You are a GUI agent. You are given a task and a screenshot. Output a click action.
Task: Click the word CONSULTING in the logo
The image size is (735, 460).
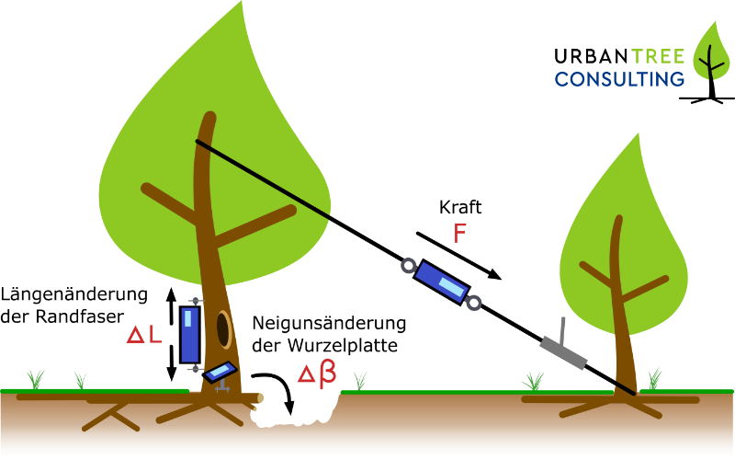[619, 78]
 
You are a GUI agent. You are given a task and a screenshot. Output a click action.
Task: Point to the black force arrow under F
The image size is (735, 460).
[459, 256]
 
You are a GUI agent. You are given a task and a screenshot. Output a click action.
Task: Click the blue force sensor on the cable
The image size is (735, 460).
[441, 281]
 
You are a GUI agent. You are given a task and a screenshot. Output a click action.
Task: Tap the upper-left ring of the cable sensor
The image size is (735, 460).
[406, 267]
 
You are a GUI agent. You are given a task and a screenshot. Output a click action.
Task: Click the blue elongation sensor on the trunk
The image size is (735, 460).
[190, 334]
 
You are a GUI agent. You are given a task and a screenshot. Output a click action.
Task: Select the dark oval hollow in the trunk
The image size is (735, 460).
[224, 330]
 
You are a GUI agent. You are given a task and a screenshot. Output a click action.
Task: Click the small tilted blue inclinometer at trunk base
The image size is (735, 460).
[220, 372]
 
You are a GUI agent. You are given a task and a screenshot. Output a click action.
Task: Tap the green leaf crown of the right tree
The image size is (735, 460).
[625, 239]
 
